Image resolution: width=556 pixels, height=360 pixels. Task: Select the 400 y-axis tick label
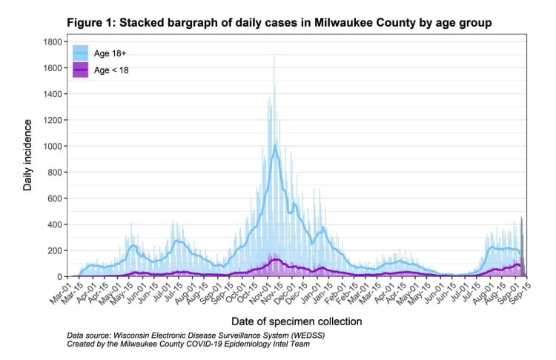pos(53,224)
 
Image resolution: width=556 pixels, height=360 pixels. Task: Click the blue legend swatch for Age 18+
pos(79,53)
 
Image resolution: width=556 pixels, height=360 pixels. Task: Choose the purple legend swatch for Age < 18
pos(79,70)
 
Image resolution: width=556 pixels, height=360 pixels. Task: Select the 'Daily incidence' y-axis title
pos(28,159)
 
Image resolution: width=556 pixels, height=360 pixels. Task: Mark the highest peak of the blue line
pos(275,145)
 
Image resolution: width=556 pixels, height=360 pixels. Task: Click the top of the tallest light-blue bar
pos(274,56)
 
